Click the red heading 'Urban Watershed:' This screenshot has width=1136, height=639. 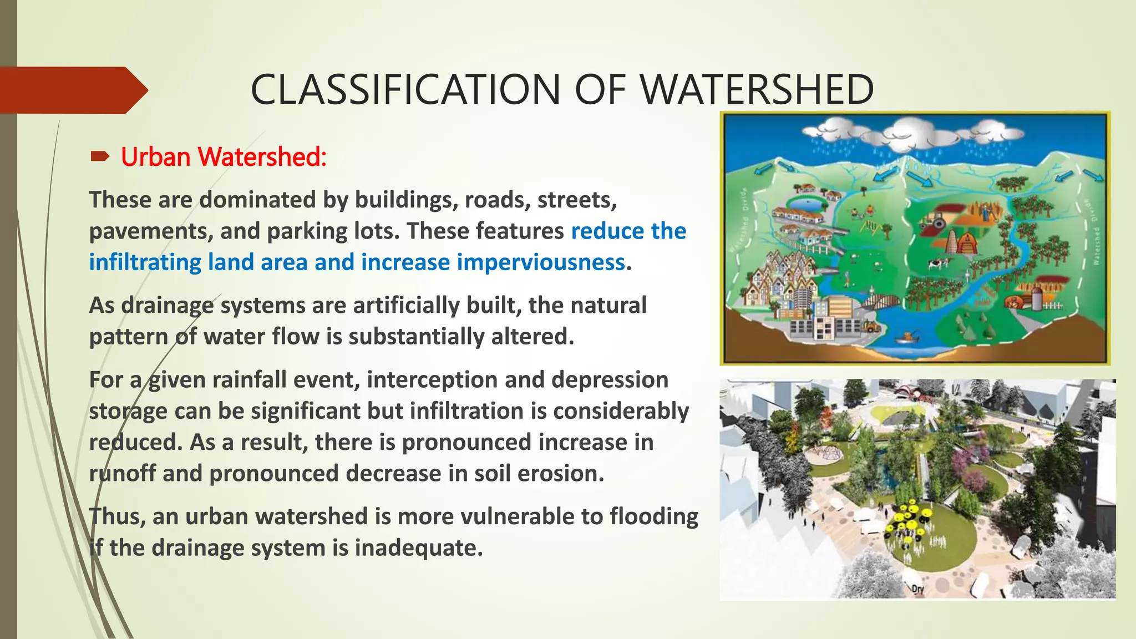(224, 157)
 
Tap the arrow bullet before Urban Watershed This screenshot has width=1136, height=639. (100, 157)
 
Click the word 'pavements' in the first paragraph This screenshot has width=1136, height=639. (148, 231)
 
